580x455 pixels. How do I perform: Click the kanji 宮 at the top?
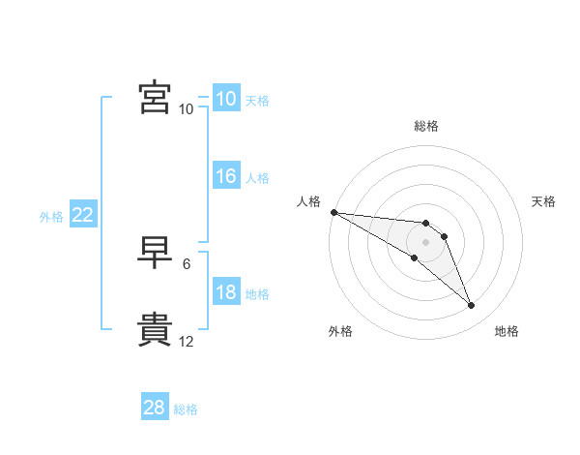point(155,97)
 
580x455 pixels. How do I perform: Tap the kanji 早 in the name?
point(155,253)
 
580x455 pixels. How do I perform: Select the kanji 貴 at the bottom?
point(155,329)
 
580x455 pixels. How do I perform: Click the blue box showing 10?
point(226,98)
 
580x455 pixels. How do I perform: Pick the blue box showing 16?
point(226,175)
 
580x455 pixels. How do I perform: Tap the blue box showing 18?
point(226,290)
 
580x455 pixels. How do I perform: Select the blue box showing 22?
point(83,213)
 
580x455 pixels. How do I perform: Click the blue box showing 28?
point(155,406)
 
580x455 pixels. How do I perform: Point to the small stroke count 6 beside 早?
point(187,264)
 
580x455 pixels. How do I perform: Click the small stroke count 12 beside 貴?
point(186,342)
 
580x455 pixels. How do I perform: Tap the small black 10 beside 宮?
point(186,109)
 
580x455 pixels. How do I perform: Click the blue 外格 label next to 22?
point(51,217)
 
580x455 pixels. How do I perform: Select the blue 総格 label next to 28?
point(186,409)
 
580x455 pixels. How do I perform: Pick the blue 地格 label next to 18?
point(257,294)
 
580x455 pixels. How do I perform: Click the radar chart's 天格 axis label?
point(543,201)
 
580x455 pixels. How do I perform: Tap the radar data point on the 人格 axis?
point(334,212)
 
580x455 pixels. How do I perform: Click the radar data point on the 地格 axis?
point(472,305)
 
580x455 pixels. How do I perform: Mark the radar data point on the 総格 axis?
point(425,223)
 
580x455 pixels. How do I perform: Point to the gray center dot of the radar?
point(425,242)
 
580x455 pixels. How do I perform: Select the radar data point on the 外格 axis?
point(415,258)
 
